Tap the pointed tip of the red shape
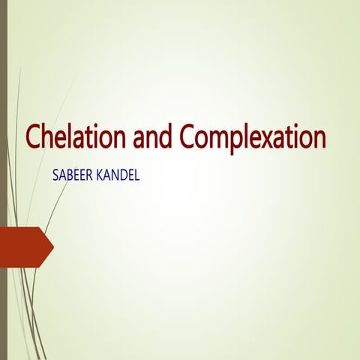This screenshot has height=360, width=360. point(52,247)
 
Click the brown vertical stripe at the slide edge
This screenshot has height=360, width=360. point(3,180)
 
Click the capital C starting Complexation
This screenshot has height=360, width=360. point(188,138)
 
